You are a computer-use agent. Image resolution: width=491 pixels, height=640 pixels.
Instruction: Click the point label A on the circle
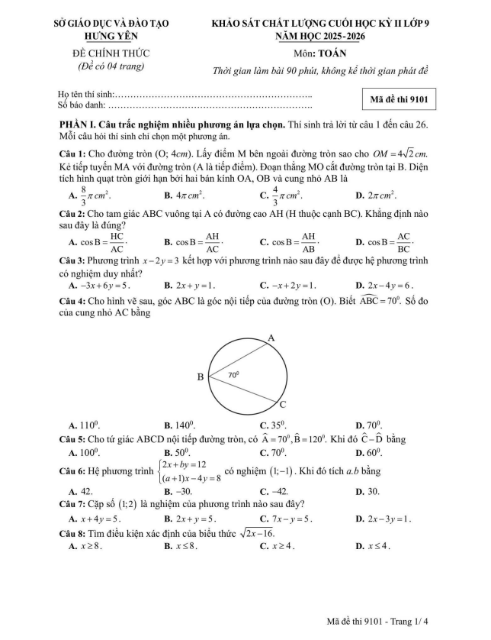click(270, 337)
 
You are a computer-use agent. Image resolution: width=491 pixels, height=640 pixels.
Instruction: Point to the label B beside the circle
click(201, 376)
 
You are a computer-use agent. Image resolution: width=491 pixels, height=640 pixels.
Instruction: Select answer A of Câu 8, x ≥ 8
click(85, 546)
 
